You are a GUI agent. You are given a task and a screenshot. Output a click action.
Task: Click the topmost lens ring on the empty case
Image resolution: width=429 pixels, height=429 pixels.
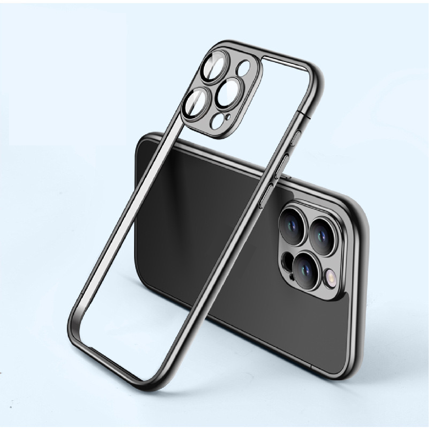click(215, 67)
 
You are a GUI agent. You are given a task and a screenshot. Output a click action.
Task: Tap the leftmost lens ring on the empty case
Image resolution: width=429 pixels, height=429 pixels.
click(196, 103)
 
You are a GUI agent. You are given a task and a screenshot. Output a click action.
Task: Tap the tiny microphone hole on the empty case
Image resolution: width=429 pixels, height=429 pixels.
click(227, 118)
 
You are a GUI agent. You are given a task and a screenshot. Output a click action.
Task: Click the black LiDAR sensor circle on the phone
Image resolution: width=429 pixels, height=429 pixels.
click(287, 260)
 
